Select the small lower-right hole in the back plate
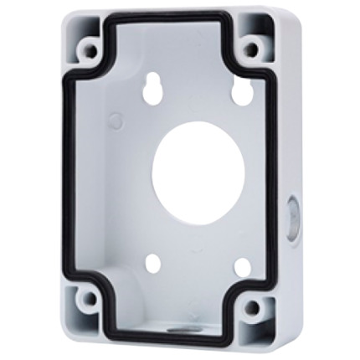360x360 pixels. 240,267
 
